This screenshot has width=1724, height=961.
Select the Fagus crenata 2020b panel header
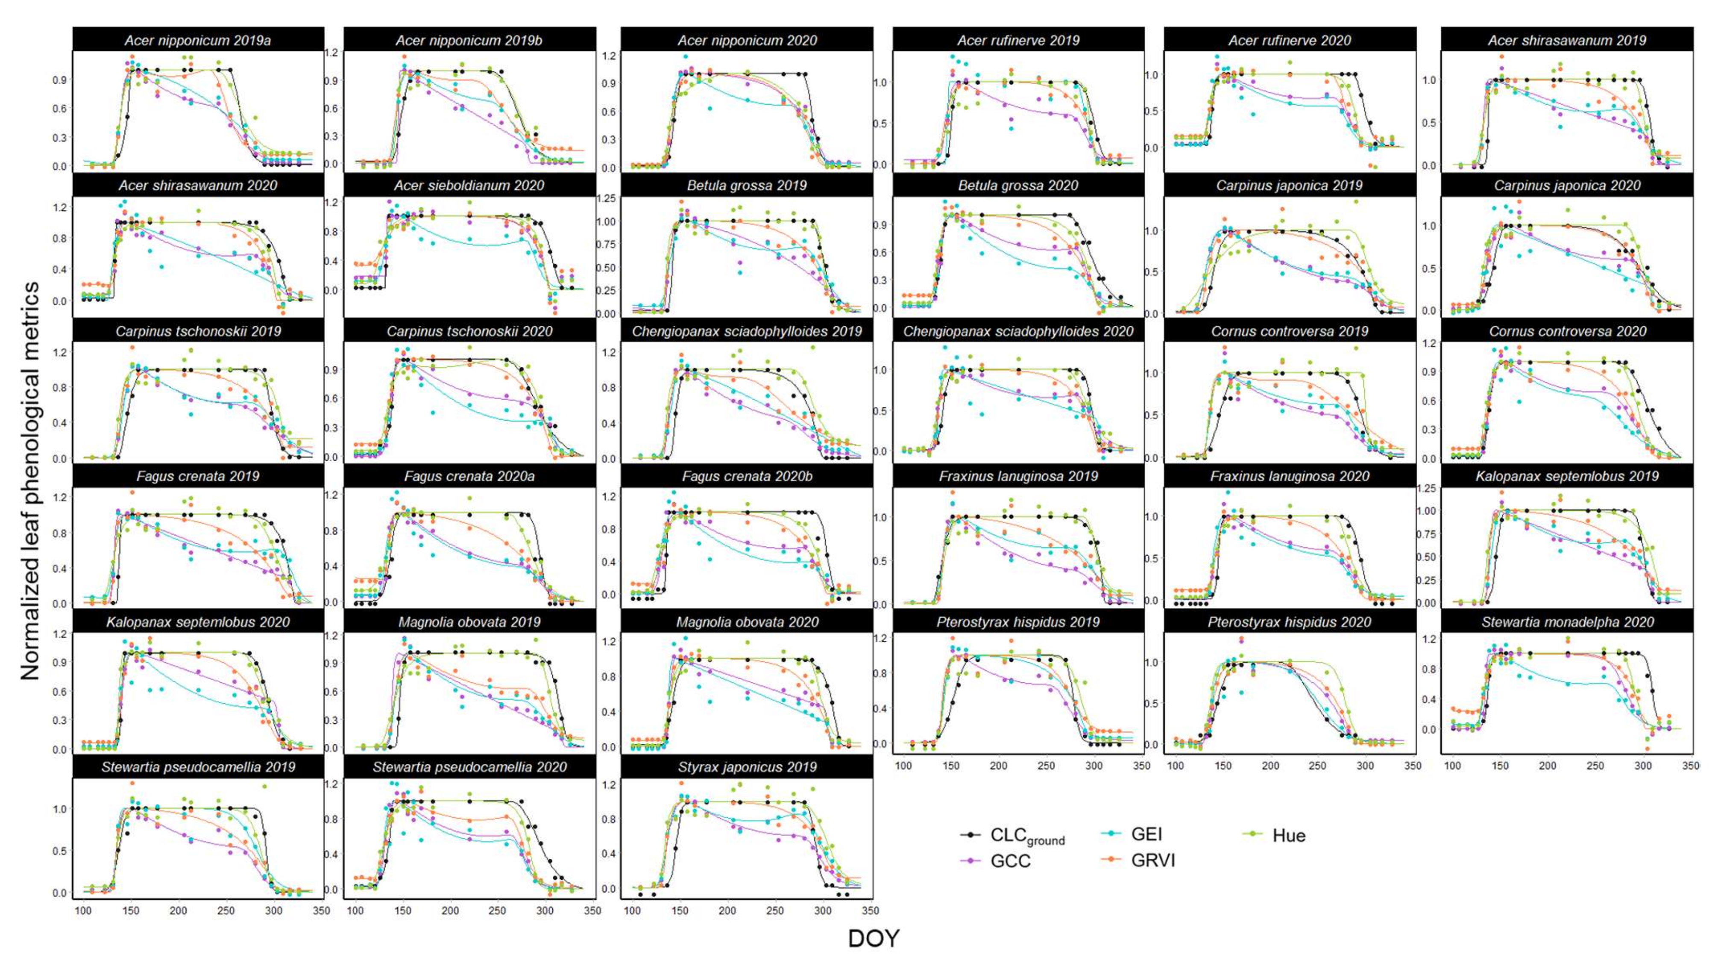coord(747,476)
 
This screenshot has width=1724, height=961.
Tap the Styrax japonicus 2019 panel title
coord(747,767)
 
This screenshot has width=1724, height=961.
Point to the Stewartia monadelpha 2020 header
coord(1567,622)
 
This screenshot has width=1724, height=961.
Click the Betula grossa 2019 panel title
coord(747,186)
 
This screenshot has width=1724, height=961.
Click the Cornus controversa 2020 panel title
coord(1567,331)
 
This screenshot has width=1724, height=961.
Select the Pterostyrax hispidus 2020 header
coord(1290,622)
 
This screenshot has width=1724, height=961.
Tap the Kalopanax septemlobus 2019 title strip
coord(1567,476)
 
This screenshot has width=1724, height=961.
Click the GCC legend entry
coord(1009,861)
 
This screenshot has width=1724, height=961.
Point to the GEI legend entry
coord(1146,834)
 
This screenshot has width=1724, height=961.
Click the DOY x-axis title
coord(874,938)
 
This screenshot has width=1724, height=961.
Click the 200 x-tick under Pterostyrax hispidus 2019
coord(999,766)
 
